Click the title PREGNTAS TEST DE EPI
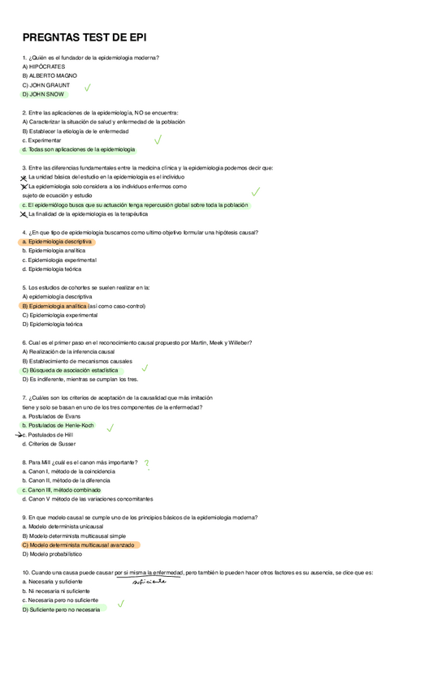pyautogui.click(x=84, y=37)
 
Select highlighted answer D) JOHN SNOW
pyautogui.click(x=44, y=94)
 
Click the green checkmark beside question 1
pyautogui.click(x=87, y=88)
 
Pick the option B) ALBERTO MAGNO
pyautogui.click(x=50, y=75)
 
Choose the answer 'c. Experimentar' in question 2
pyautogui.click(x=42, y=140)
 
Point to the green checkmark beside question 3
pyautogui.click(x=256, y=191)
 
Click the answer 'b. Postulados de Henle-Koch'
pyautogui.click(x=58, y=425)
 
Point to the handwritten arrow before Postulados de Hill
pyautogui.click(x=19, y=435)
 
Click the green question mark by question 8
pyautogui.click(x=146, y=463)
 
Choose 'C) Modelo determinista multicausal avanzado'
pyautogui.click(x=79, y=545)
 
